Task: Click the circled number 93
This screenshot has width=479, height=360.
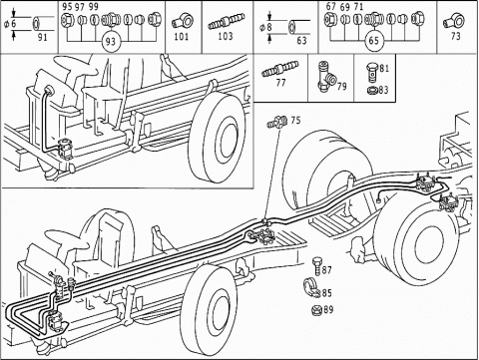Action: (110, 42)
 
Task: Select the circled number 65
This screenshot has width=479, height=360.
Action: (374, 41)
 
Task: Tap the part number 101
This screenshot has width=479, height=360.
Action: (182, 36)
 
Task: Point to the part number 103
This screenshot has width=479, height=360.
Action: (226, 36)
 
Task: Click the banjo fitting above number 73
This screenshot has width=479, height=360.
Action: (453, 21)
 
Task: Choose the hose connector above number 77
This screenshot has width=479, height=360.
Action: (280, 69)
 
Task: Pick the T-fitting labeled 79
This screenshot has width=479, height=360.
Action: (326, 77)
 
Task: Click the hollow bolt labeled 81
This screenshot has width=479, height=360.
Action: (372, 73)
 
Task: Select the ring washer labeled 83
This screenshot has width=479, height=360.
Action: (372, 90)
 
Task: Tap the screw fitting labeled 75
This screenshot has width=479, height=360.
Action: (277, 123)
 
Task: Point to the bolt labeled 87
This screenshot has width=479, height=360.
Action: (316, 266)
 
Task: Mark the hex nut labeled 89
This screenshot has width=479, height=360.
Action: (316, 310)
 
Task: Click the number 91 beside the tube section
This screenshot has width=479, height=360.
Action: (42, 37)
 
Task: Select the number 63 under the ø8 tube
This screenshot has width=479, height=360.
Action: (301, 41)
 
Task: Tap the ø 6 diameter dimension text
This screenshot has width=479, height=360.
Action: (9, 24)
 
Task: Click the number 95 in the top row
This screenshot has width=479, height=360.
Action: (67, 7)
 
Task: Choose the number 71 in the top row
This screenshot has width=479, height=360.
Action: (358, 7)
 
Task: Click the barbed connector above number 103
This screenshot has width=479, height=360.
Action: (227, 21)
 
